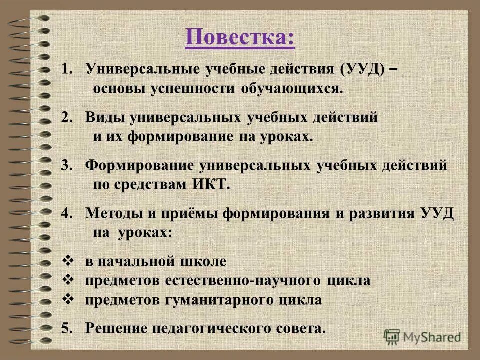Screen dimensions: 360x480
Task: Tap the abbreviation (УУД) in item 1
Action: pos(363,69)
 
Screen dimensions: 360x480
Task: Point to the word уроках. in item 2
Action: pos(287,137)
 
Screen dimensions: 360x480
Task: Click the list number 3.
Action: pos(65,165)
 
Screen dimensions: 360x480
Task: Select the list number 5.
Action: pos(65,328)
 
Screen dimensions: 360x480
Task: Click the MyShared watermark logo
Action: pos(422,336)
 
